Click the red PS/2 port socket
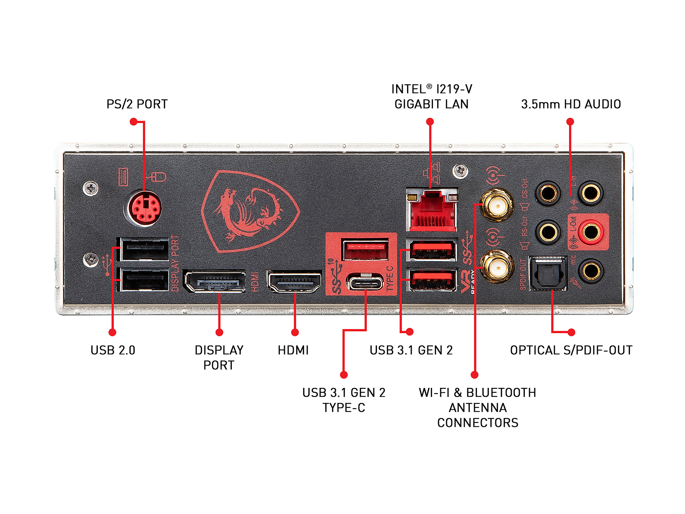pos(143,209)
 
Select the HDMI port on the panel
pos(295,281)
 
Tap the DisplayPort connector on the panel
pos(215,281)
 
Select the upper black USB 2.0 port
pos(144,249)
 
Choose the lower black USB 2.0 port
pos(144,280)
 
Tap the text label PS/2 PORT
pos(137,104)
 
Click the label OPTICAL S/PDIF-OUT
pos(571,350)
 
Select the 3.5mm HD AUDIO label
pos(571,104)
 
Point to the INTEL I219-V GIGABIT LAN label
pos(432,96)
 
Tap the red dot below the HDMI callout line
pos(295,333)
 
